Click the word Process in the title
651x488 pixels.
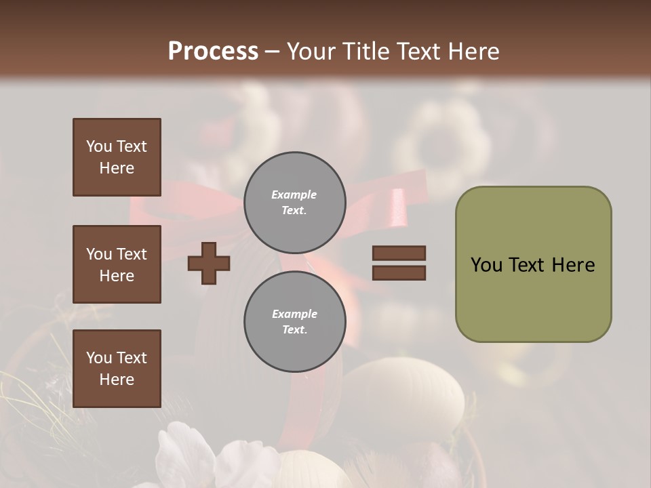click(213, 52)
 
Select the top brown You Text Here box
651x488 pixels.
click(117, 157)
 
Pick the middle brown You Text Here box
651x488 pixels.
click(117, 264)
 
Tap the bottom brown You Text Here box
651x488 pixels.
click(117, 369)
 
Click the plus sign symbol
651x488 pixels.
click(209, 263)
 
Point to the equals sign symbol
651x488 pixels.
click(399, 263)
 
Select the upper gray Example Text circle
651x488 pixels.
click(295, 203)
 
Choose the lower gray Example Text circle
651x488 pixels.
click(295, 322)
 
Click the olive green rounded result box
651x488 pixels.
click(533, 264)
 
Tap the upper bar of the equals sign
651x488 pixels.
click(399, 253)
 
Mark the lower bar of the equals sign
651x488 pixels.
click(399, 273)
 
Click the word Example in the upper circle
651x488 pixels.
click(294, 195)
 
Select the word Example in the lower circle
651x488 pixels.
click(294, 314)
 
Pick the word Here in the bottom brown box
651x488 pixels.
click(117, 380)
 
